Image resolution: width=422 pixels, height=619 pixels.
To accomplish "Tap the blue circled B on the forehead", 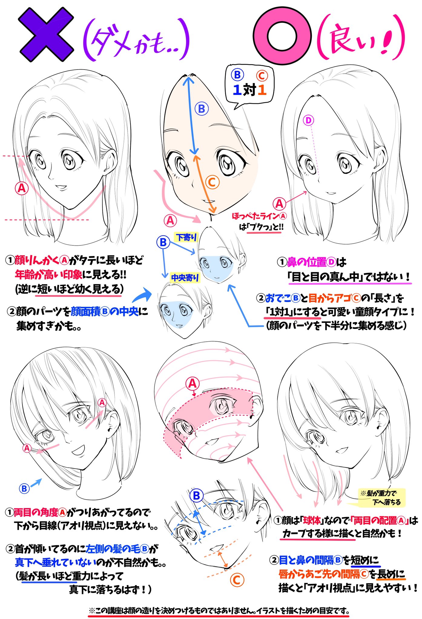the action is [202, 109].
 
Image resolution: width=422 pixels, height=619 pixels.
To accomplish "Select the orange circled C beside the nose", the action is [212, 182].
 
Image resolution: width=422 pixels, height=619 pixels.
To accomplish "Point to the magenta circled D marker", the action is [308, 121].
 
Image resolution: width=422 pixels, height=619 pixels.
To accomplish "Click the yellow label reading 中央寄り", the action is [185, 277].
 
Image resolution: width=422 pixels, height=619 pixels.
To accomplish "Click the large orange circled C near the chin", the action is [237, 580].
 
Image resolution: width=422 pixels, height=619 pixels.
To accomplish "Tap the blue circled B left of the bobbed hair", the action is [24, 488].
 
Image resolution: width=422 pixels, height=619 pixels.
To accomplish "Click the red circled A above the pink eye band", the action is [193, 384].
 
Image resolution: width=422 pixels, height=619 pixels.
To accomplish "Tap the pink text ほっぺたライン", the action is [256, 216].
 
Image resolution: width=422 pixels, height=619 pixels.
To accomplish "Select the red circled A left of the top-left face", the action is [22, 188].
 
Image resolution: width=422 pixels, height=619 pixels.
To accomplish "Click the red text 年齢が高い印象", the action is [48, 274].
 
